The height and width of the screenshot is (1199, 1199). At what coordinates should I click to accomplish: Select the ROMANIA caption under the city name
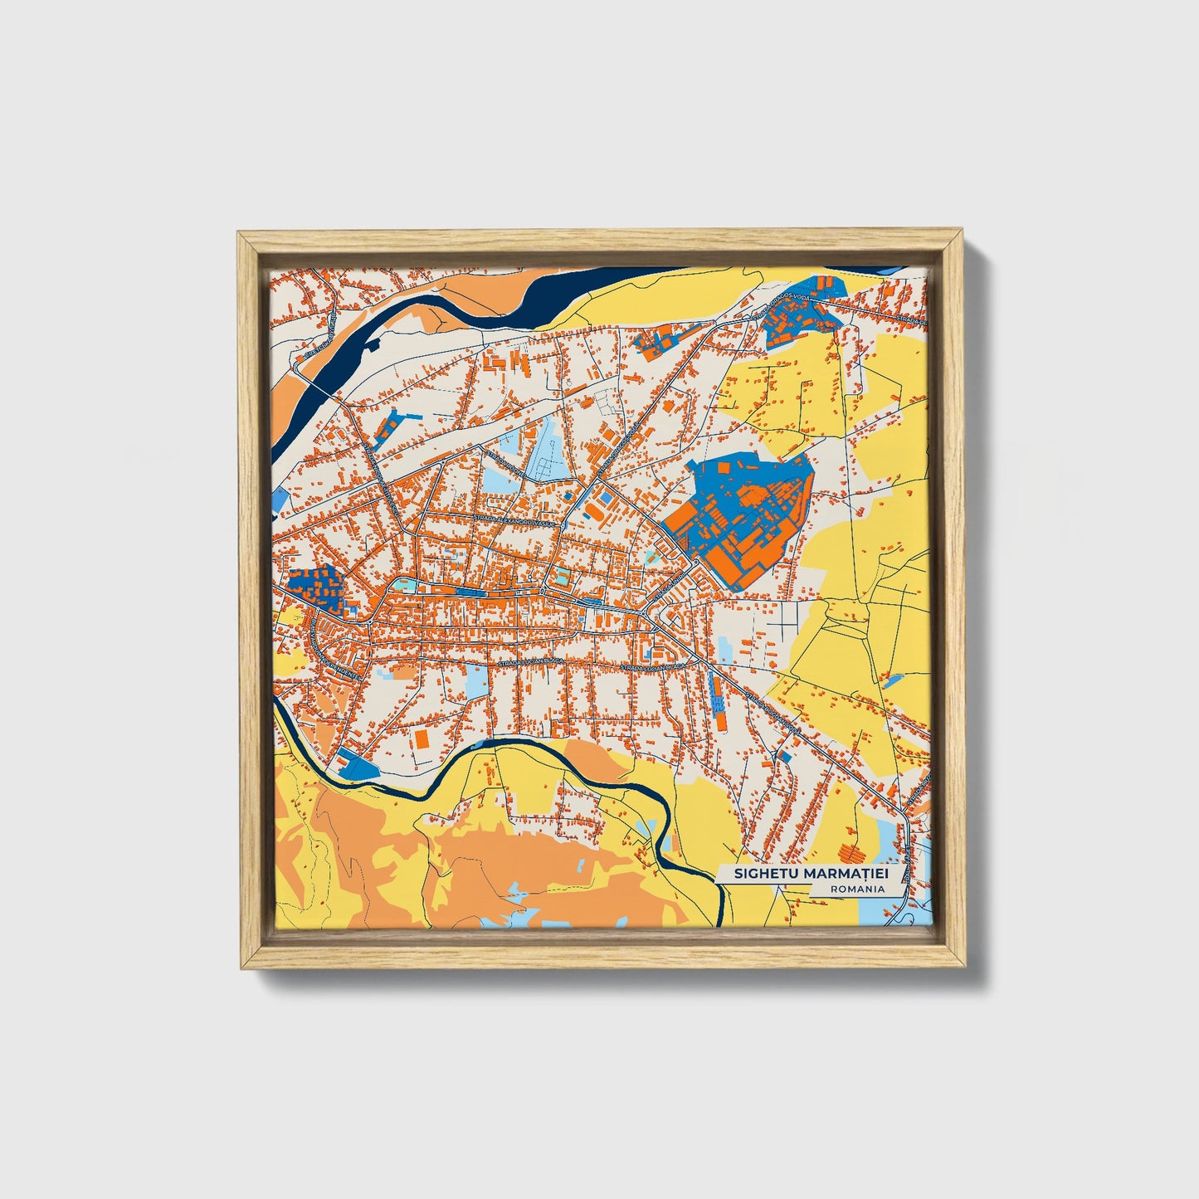[x=855, y=889]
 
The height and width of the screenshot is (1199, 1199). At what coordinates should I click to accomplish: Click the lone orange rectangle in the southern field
[x=422, y=738]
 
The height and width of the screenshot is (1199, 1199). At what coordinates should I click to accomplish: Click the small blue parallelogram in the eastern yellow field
[x=892, y=681]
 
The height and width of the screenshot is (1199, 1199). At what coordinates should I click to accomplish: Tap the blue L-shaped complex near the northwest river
[x=388, y=422]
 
